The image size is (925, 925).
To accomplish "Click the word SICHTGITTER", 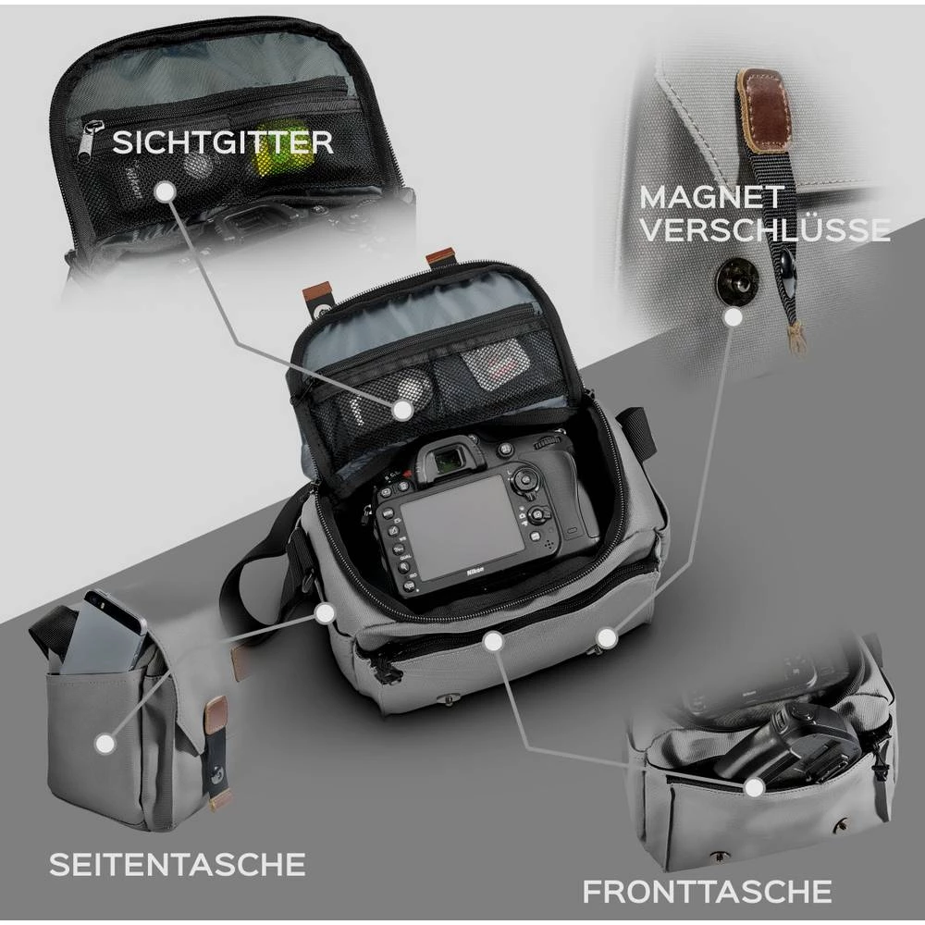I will point(222,142).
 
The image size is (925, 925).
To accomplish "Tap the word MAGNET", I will point(711,196).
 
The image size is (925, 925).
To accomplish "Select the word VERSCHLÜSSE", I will point(763,230).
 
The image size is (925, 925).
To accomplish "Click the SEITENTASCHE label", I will point(177,864).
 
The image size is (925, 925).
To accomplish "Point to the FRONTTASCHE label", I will point(707,892).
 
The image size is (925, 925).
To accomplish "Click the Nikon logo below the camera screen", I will point(474,575).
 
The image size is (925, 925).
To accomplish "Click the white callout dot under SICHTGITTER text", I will point(165,191).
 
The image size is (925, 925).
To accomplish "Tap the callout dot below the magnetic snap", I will point(733,317).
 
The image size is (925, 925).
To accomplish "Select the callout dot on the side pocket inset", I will point(105,742).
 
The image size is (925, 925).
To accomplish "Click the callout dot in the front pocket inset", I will point(754,787).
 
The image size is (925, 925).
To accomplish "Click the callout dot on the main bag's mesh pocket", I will point(402,409).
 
